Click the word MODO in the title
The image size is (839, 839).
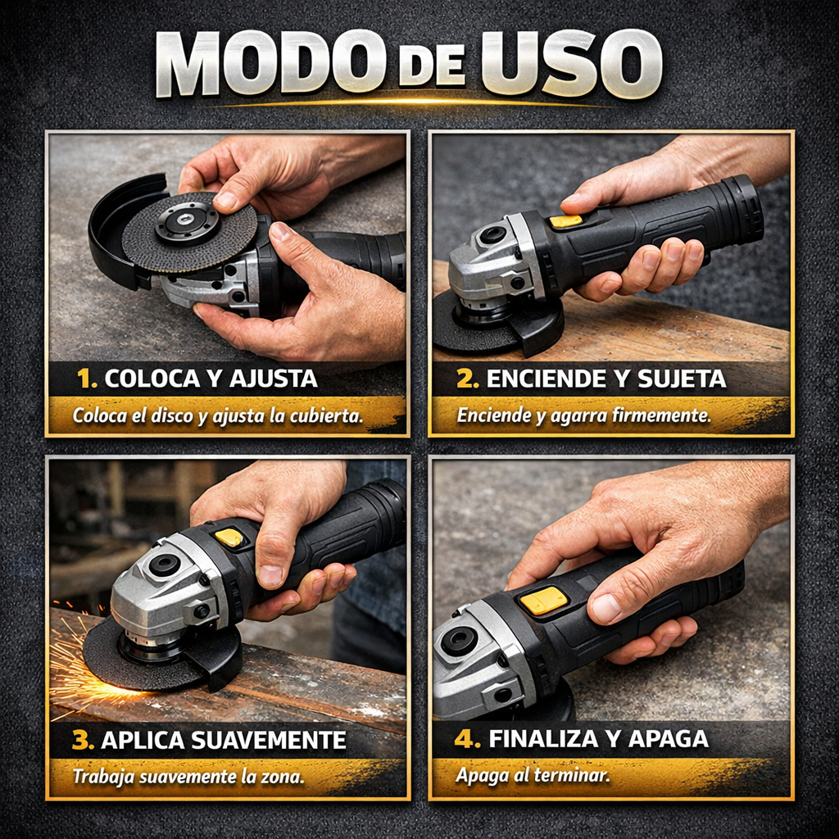point(267,66)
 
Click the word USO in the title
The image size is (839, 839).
point(570,66)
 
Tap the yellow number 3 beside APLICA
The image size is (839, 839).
point(83,741)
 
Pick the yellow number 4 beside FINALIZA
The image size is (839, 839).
point(468,738)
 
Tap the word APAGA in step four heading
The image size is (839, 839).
point(668,738)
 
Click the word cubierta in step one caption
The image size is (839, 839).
point(323,415)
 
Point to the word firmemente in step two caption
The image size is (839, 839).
point(660,415)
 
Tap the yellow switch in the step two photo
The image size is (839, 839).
point(565,221)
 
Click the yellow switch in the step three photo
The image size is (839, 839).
point(229,537)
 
